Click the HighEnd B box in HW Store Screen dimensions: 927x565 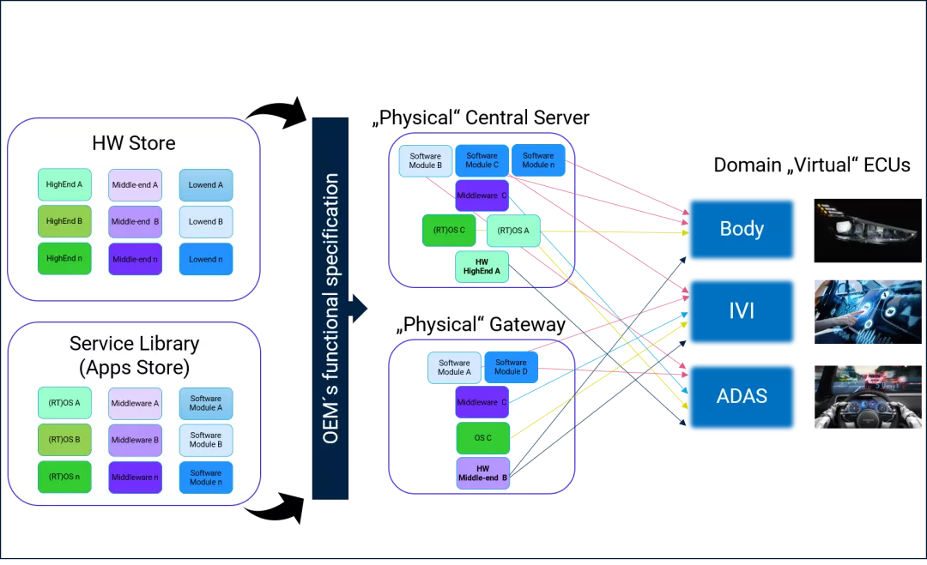[x=64, y=221]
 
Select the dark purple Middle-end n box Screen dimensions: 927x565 [x=136, y=259]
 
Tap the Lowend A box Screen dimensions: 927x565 [x=206, y=185]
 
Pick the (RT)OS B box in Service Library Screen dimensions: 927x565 [x=64, y=440]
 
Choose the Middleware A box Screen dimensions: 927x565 [x=136, y=403]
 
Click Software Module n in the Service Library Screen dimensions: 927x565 [x=206, y=477]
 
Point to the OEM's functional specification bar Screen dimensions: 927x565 [x=330, y=308]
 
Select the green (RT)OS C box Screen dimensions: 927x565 [x=449, y=231]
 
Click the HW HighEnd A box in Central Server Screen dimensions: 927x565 [x=482, y=267]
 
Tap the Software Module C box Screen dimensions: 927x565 [x=482, y=160]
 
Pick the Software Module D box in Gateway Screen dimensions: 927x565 [x=511, y=367]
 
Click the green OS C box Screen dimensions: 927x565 [x=483, y=438]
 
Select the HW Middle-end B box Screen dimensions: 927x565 [x=483, y=473]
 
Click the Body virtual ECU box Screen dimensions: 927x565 [x=742, y=229]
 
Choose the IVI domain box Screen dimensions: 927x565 [x=742, y=311]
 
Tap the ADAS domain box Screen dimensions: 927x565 [x=742, y=396]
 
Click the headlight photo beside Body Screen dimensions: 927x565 [x=868, y=231]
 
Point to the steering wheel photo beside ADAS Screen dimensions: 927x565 [x=868, y=397]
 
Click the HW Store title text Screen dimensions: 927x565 [x=134, y=143]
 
